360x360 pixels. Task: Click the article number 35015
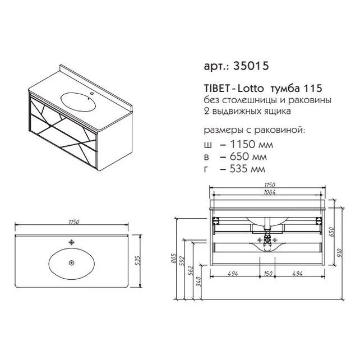coord(251,66)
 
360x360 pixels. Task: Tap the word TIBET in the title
coord(216,89)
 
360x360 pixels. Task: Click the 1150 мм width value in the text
coord(251,145)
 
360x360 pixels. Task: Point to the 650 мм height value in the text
coord(248,157)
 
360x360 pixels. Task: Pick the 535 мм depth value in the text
coord(247,169)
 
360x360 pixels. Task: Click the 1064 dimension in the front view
coord(269,192)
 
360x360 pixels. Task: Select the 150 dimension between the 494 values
coord(268,274)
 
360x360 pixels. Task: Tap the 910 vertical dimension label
coord(340,253)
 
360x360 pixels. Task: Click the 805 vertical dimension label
coord(173,259)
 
